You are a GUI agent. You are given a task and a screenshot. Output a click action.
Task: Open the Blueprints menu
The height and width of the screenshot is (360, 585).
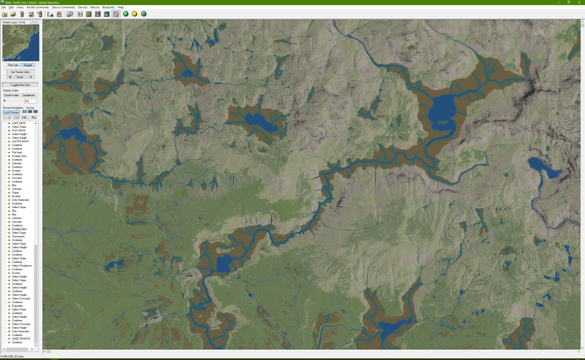coord(108,7)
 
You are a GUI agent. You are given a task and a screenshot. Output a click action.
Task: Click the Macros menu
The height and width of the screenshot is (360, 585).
coord(95,7)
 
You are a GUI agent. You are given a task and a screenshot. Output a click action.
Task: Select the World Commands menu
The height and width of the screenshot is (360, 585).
coord(38,7)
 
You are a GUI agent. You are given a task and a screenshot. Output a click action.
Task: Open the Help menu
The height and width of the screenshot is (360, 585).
coord(121,7)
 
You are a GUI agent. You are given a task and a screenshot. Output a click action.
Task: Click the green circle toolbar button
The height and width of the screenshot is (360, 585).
coord(126,14)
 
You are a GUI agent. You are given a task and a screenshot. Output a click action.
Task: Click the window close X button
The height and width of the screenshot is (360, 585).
coord(579,3)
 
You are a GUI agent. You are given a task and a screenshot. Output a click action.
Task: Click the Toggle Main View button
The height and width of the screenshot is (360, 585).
coord(20,85)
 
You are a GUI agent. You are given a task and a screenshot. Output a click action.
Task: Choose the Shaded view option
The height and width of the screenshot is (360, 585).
coord(29,65)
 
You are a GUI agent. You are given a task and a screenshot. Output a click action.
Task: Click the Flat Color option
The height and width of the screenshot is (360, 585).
coord(13,65)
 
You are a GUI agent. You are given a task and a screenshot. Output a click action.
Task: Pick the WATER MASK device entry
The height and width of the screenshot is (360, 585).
coord(20,141)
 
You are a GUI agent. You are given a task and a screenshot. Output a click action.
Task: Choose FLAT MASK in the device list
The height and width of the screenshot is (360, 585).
coord(19,130)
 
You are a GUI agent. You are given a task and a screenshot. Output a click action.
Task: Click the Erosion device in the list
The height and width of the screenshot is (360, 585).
coord(16,272)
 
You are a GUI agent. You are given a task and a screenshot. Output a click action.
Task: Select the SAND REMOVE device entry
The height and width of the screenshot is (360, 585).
coord(21,339)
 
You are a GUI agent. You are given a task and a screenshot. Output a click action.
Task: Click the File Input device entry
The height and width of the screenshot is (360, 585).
coord(17,153)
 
